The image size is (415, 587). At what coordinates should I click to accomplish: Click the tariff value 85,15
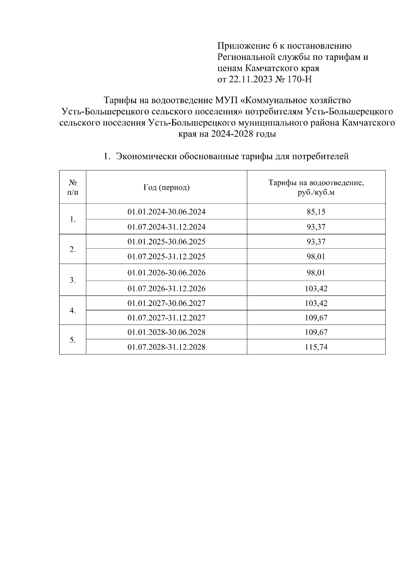click(316, 212)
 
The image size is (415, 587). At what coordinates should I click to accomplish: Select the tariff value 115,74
click(316, 347)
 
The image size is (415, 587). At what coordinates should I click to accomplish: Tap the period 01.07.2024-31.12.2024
click(166, 227)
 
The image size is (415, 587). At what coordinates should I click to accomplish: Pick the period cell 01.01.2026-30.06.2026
click(166, 273)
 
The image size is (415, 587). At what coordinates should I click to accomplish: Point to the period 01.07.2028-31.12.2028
click(166, 347)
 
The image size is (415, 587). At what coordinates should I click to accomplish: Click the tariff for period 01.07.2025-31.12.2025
click(316, 257)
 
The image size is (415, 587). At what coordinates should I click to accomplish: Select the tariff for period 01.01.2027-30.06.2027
click(316, 303)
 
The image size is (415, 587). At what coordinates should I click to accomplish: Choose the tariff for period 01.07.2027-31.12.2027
click(316, 318)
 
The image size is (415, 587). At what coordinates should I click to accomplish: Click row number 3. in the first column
click(73, 280)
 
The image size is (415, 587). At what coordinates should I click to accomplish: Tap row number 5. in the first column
click(73, 340)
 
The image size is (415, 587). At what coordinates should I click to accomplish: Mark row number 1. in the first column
click(73, 220)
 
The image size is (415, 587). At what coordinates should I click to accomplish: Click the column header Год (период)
click(166, 187)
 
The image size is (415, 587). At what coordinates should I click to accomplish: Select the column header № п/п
click(73, 187)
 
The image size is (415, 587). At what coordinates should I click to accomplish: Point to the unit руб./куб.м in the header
click(316, 193)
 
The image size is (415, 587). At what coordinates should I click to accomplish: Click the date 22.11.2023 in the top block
click(249, 80)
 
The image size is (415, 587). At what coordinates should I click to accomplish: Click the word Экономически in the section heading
click(146, 157)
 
